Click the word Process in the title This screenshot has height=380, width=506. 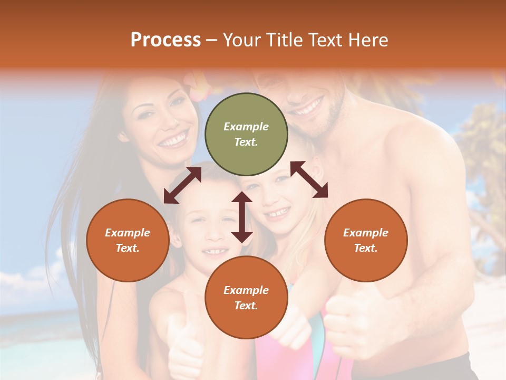click(166, 40)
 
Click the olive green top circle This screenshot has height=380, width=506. click(246, 134)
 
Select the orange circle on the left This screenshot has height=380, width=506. click(128, 240)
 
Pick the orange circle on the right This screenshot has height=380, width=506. click(366, 240)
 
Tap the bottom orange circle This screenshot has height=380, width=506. click(246, 298)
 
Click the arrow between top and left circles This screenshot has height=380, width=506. click(182, 185)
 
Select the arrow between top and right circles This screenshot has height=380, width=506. click(309, 179)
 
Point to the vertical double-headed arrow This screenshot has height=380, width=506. click(242, 217)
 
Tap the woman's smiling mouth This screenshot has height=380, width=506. click(174, 140)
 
